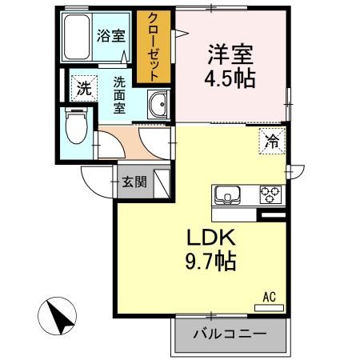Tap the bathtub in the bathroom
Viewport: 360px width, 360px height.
(78, 38)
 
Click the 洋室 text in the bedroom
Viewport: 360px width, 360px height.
(230, 55)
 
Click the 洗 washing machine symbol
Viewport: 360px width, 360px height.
(84, 90)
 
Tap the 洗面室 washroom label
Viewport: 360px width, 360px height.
(118, 94)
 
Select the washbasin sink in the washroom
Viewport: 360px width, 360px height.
(158, 106)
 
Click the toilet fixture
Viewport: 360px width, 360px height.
(77, 126)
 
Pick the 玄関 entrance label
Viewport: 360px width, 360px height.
(134, 182)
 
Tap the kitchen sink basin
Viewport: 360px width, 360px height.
(227, 194)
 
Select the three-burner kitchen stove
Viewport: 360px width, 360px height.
(269, 194)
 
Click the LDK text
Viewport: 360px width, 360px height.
(211, 238)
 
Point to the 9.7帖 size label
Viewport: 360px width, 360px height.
(211, 262)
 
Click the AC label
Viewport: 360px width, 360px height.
(270, 297)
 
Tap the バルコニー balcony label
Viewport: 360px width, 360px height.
(230, 334)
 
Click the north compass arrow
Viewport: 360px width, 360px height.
(59, 317)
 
